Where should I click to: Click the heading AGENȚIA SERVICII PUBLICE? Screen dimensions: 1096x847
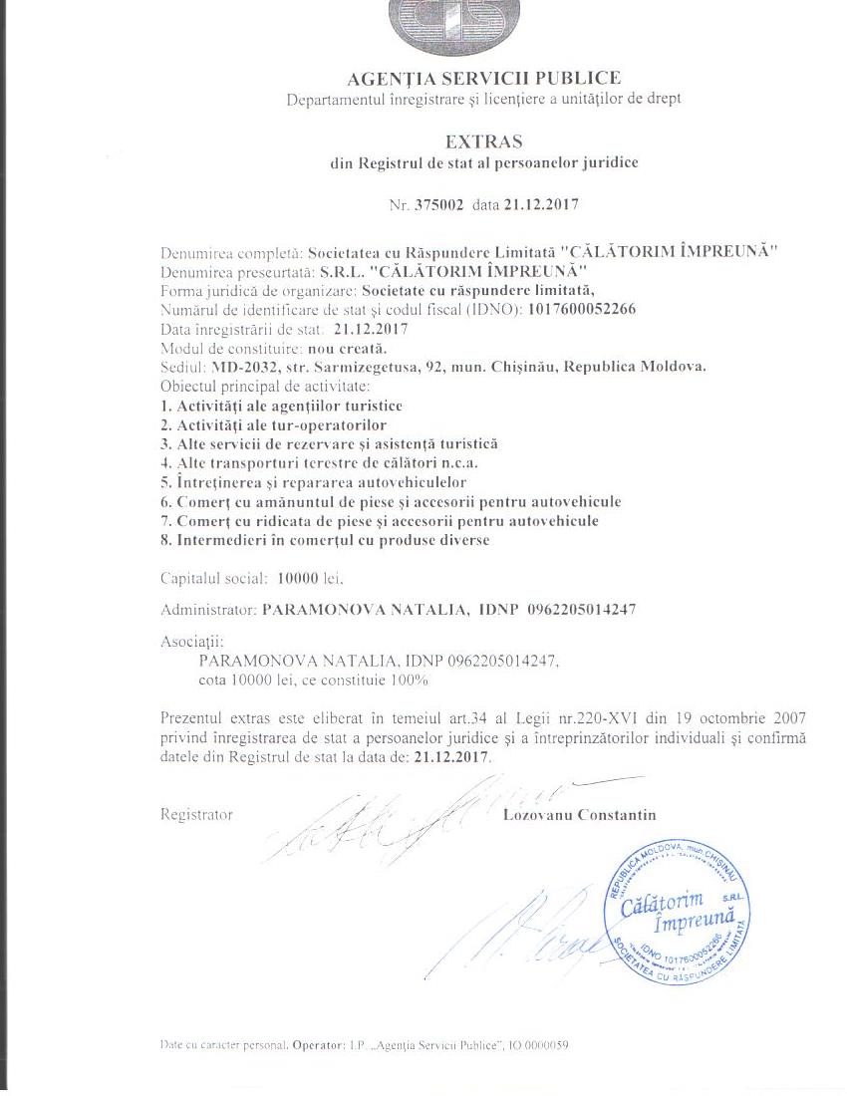[483, 78]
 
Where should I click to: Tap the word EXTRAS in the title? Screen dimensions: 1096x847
[483, 141]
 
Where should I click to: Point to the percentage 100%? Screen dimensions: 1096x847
[411, 681]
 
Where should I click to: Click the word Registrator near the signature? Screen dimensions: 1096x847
[196, 814]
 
